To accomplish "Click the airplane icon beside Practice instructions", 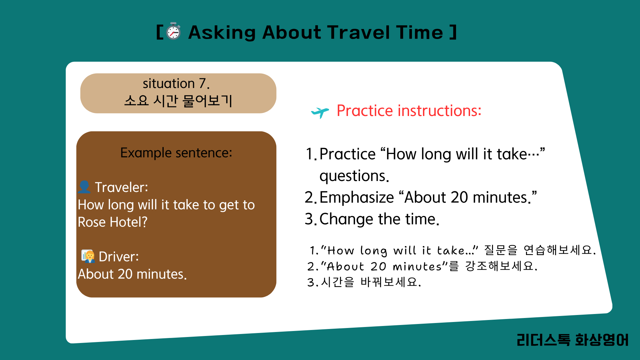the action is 320,112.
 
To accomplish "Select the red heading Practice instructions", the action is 409,110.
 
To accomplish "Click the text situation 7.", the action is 176,83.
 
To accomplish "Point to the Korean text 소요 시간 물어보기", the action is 178,100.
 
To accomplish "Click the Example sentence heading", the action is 176,153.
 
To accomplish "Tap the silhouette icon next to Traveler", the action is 84,187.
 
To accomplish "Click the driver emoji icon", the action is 88,256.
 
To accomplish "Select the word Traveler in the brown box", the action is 121,187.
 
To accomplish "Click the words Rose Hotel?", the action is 113,222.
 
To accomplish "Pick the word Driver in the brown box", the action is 119,257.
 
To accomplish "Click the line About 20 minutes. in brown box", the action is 132,274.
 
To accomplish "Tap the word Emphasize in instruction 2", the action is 357,198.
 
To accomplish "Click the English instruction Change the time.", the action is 379,219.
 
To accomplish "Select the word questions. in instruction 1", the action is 354,176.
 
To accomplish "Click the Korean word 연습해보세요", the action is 560,250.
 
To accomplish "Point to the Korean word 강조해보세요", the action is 501,266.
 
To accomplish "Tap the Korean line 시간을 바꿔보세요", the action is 371,282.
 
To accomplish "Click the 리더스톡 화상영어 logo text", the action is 572,340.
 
